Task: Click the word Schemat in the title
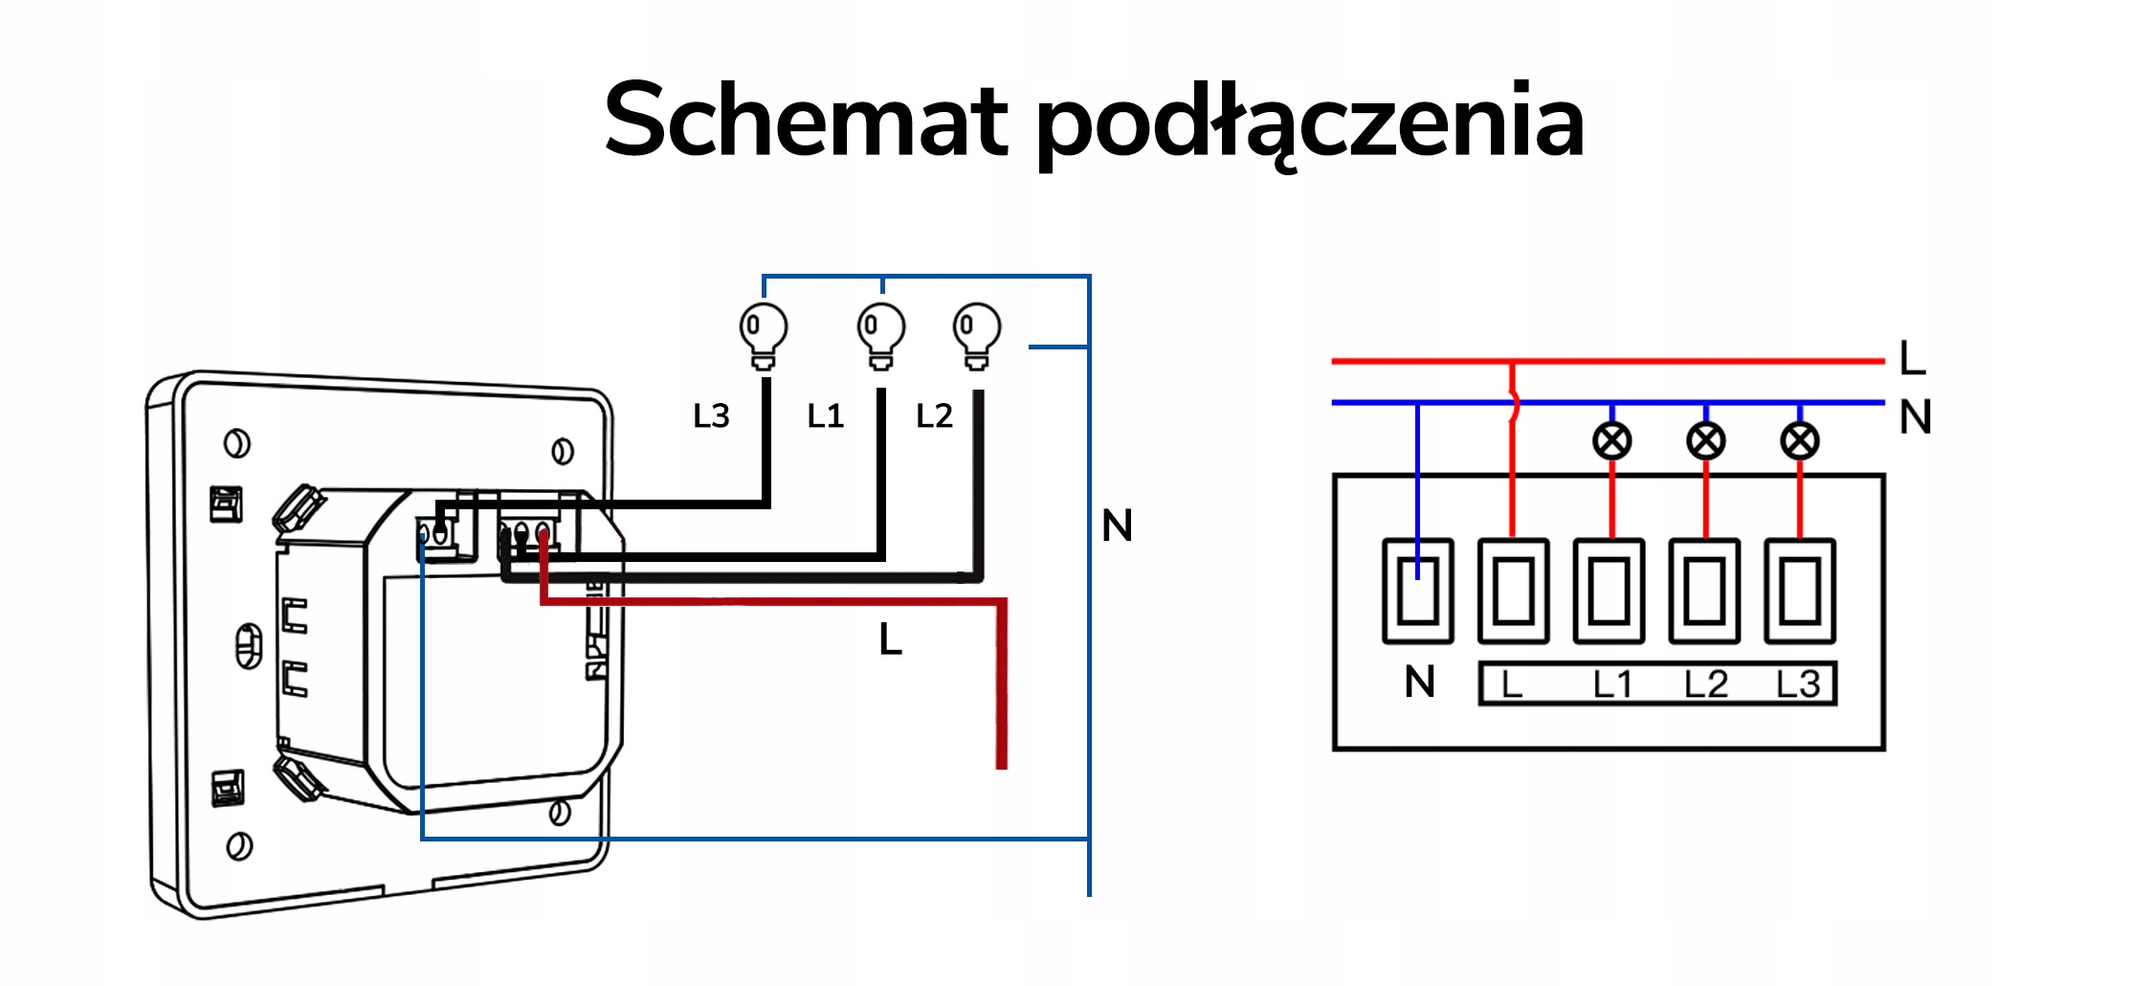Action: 806,121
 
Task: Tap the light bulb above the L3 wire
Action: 763,335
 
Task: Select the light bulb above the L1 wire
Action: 880,335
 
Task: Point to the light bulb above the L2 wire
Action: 976,335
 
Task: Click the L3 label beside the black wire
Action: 711,416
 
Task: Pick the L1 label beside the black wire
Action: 826,416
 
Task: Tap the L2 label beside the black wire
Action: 934,416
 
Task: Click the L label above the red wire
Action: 890,639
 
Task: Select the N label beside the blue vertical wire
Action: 1117,526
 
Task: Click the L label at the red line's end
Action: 1912,359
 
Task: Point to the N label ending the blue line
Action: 1915,417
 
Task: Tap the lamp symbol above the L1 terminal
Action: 1611,441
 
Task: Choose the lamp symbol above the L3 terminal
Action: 1799,441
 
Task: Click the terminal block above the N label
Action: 1417,591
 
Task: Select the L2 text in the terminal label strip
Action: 1705,684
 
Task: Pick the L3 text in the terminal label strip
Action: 1798,684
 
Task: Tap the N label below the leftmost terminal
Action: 1419,683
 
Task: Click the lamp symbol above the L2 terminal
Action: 1705,441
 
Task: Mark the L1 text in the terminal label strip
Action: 1612,684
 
